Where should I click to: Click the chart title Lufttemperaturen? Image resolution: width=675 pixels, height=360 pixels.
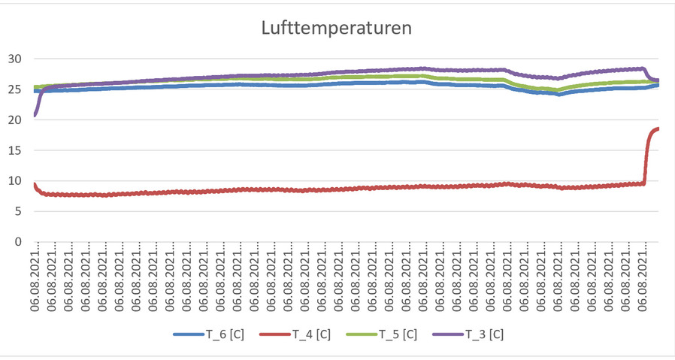tap(337, 29)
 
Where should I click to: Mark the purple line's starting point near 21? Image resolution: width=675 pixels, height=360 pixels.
tap(35, 114)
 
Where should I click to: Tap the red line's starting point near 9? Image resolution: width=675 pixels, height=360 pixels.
tap(35, 184)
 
